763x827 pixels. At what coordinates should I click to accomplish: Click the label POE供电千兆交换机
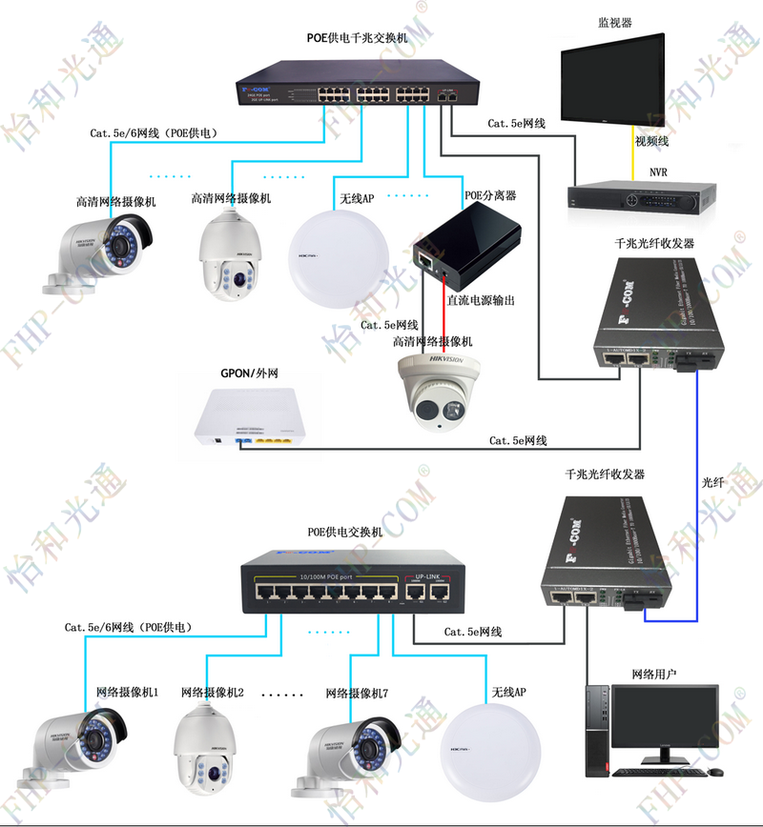point(357,39)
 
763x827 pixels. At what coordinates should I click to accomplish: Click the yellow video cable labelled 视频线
point(632,152)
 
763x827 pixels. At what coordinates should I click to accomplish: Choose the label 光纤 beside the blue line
point(713,483)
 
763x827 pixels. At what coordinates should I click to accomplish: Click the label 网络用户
point(654,675)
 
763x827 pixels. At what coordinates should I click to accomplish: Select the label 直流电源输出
point(482,300)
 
